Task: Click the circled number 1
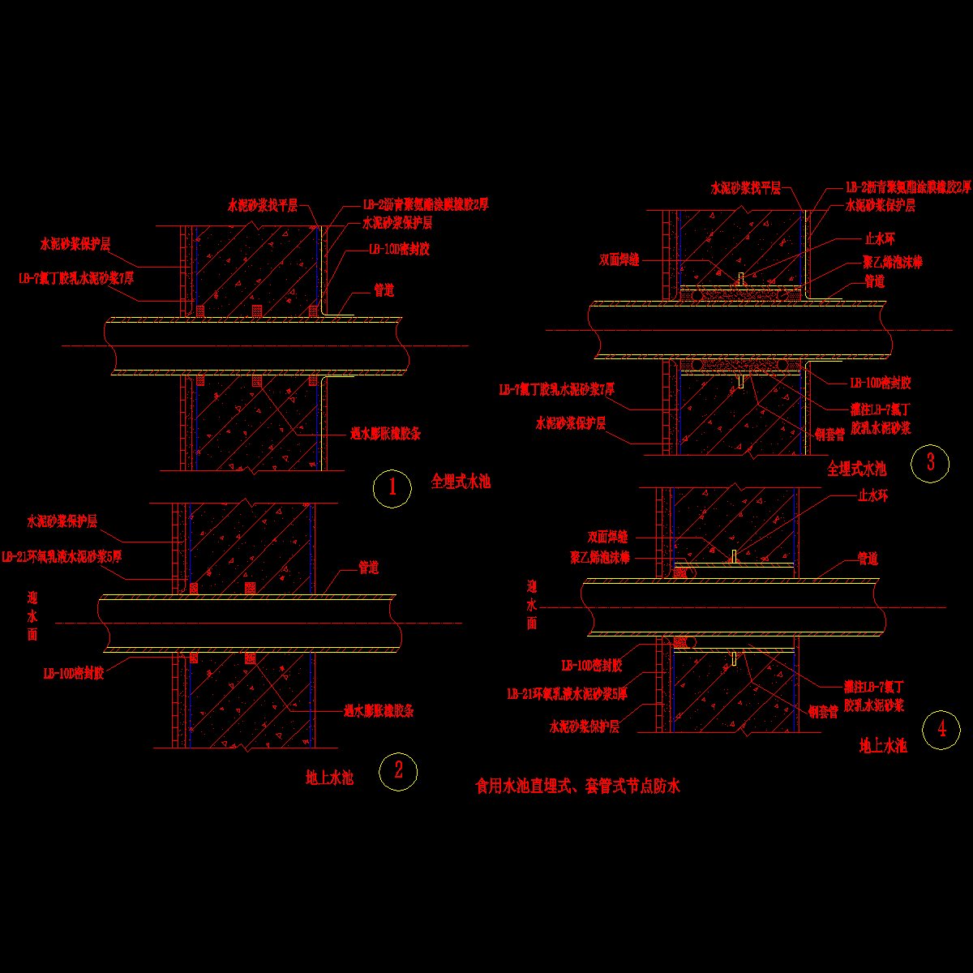(392, 487)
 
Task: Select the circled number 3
(930, 462)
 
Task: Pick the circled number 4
(941, 729)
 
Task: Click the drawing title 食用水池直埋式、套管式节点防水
(577, 786)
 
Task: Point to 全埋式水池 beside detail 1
(461, 482)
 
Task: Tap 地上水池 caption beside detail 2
(329, 778)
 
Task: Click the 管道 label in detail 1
(384, 289)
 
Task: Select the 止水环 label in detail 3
(879, 239)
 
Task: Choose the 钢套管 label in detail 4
(823, 712)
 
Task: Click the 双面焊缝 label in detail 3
(619, 259)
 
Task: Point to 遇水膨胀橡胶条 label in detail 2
(379, 711)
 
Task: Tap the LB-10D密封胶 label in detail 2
(74, 672)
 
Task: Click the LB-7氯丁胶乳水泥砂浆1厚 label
(76, 278)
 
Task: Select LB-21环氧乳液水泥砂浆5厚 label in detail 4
(567, 693)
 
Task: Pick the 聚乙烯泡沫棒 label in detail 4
(599, 557)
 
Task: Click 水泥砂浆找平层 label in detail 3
(745, 188)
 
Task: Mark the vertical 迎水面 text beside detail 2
(32, 616)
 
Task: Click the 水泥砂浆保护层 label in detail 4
(585, 727)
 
